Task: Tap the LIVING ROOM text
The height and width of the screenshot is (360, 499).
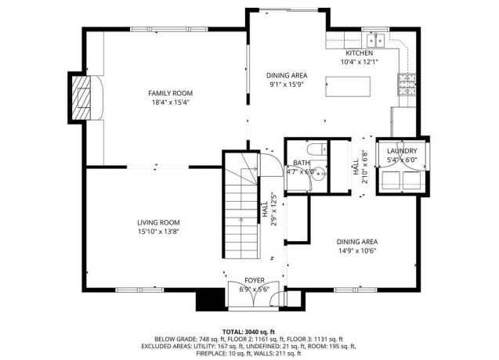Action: [x=159, y=222]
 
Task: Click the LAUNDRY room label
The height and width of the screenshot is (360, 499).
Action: [x=401, y=151]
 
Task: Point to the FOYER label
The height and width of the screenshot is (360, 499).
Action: [x=254, y=279]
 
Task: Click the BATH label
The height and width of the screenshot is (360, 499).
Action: [x=302, y=162]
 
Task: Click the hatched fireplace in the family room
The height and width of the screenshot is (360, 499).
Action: [x=81, y=97]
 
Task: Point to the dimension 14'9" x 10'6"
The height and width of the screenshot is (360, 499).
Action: [x=356, y=250]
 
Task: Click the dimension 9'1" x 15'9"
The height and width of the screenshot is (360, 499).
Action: [x=288, y=85]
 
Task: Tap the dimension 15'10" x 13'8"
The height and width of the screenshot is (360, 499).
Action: [x=159, y=232]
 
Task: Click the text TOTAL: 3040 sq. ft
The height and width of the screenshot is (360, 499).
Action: [x=249, y=331]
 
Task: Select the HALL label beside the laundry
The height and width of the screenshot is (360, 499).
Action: [x=355, y=166]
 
